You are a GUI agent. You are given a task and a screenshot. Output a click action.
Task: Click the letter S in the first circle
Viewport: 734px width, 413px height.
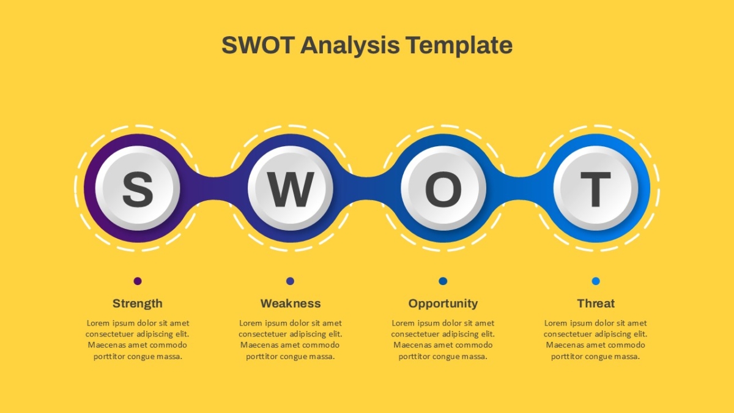tap(138, 189)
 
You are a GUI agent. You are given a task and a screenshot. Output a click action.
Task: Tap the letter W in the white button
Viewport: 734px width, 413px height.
tap(291, 190)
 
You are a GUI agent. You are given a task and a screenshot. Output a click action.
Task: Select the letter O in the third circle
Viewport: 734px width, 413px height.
tap(443, 189)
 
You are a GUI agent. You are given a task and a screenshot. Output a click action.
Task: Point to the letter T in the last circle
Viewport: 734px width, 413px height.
tap(596, 189)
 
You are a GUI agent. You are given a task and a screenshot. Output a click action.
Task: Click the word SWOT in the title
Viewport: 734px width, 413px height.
tap(258, 45)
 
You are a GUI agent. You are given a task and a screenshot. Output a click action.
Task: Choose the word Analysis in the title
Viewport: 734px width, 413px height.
tap(350, 46)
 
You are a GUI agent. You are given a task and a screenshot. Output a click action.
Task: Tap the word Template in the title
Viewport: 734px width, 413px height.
tap(459, 46)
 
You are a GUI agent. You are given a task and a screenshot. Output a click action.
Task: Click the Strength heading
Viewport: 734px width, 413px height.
tap(138, 303)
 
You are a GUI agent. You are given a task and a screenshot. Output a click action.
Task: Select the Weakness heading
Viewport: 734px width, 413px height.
tap(291, 303)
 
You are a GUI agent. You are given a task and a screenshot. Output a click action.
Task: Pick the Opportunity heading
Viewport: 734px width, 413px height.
tap(443, 304)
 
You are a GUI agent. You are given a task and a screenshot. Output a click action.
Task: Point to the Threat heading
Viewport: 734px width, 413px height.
tap(596, 303)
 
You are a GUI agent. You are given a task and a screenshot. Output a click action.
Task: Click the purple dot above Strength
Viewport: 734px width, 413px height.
tap(138, 281)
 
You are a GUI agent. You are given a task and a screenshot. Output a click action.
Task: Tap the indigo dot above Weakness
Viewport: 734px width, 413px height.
tap(291, 281)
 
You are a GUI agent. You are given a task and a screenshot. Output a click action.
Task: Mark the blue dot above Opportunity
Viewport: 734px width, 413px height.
tap(443, 281)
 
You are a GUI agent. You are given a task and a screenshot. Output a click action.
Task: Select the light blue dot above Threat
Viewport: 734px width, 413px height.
tap(596, 281)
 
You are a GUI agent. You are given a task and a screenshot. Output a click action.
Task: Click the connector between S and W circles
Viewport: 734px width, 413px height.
tap(214, 188)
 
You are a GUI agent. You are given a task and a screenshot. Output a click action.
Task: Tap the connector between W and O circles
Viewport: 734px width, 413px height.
tap(367, 188)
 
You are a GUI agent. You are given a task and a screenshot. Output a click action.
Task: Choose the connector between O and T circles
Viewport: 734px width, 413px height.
tap(520, 188)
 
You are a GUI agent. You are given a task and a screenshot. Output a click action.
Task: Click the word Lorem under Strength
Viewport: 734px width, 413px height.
tap(98, 323)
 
